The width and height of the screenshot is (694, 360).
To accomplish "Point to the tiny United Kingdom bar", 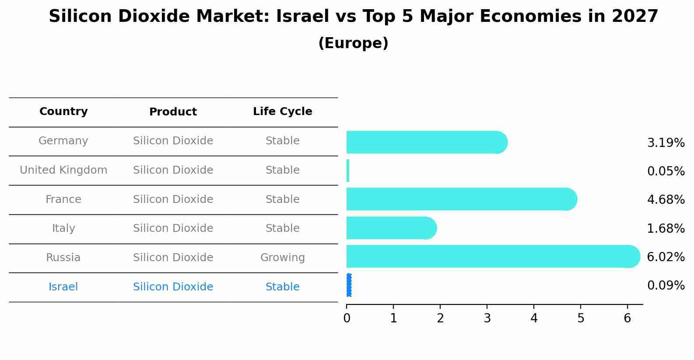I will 348,171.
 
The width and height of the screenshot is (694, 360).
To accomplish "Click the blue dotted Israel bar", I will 349,285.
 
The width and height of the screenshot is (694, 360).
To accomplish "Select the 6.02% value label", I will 666,257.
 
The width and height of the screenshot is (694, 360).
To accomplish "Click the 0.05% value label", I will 666,171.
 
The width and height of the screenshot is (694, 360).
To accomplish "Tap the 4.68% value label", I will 666,199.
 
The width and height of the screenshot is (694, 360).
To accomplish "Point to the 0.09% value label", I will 666,286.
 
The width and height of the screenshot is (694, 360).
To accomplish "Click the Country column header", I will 63,112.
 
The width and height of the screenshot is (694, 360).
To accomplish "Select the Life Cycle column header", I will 282,112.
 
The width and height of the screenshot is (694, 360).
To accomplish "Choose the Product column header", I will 173,112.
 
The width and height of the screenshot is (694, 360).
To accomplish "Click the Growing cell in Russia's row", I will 282,258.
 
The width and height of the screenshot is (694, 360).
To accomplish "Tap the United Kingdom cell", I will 63,170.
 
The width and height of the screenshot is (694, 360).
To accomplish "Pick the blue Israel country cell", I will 63,287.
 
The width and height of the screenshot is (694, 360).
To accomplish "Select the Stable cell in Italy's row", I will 282,228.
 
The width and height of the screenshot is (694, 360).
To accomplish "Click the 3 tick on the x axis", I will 487,318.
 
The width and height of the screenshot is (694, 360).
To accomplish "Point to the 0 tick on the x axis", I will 347,318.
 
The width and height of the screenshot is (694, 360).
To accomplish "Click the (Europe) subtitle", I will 353,43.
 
